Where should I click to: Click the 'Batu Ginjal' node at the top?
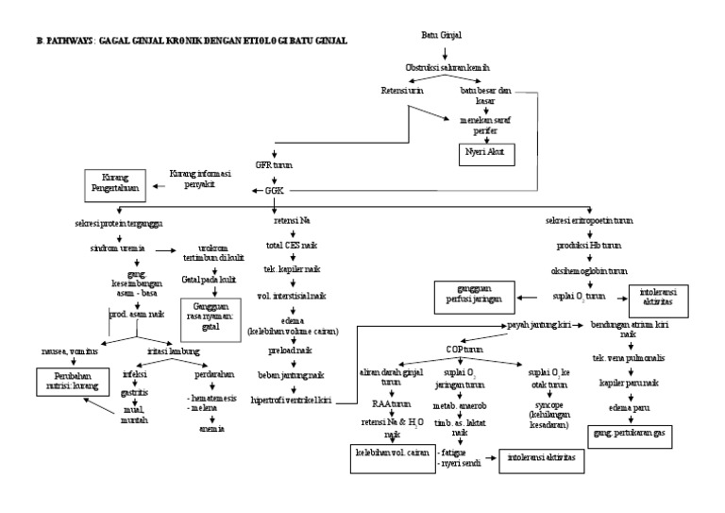point(441,35)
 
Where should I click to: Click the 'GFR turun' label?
point(274,163)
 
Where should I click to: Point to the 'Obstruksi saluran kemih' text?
point(447,69)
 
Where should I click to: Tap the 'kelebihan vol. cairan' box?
point(384,454)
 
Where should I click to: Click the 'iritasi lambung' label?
point(173,351)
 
